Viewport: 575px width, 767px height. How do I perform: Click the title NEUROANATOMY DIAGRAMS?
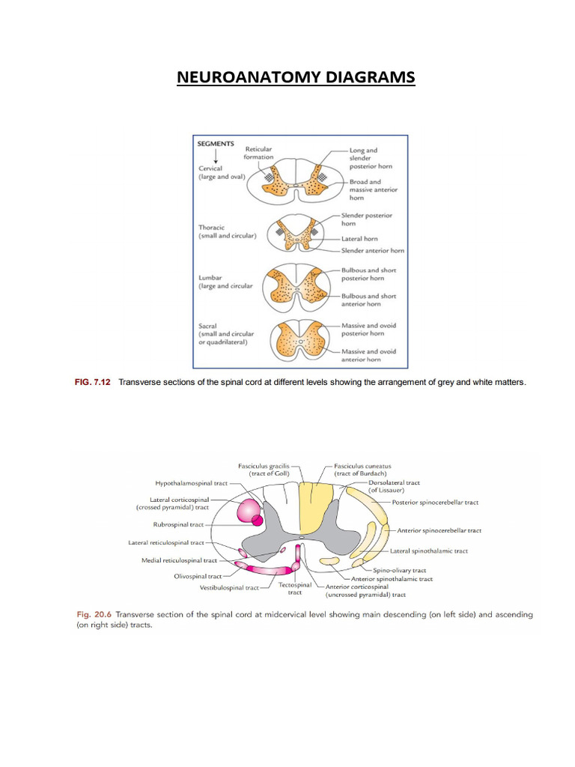tap(295, 78)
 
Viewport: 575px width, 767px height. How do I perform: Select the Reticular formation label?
tap(258, 153)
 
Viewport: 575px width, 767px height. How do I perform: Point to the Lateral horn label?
tap(359, 238)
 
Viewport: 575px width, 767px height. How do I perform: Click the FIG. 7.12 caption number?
tap(93, 382)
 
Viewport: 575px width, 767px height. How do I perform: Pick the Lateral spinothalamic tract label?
tap(429, 551)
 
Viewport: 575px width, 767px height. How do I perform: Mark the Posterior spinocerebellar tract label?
tap(435, 502)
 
